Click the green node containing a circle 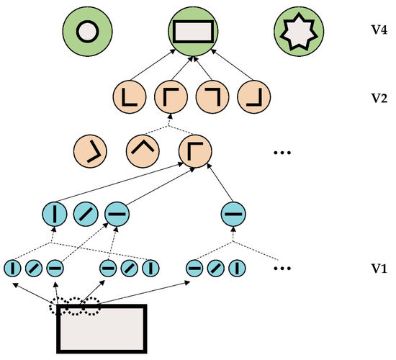coord(86,32)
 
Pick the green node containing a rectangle coord(192,32)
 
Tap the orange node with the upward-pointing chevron coord(141,151)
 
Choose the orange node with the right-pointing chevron coord(88,151)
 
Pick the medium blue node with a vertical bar coord(56,213)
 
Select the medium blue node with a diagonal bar coord(86,213)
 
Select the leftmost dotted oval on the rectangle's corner coord(62,309)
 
